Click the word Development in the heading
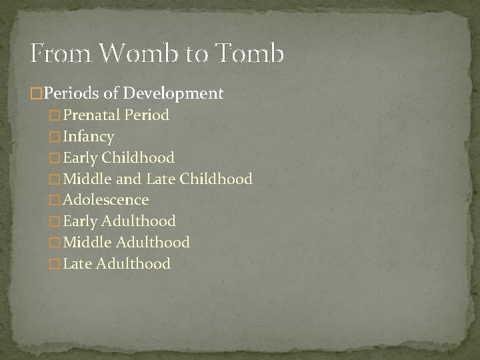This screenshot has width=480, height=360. (178, 93)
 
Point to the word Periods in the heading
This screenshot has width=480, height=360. (67, 93)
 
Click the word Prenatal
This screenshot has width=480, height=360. (93, 115)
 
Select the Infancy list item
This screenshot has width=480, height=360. (88, 137)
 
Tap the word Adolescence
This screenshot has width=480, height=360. (105, 199)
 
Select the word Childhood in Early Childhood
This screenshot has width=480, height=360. (139, 158)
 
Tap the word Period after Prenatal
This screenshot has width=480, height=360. (147, 115)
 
